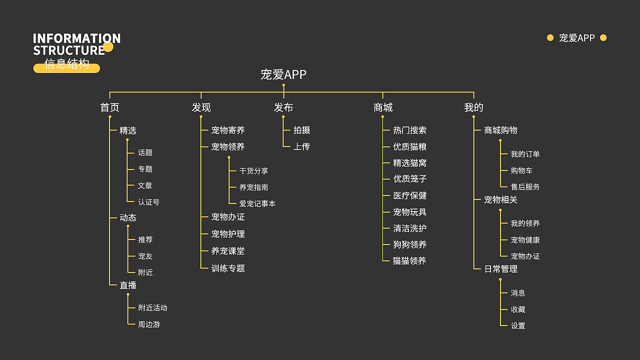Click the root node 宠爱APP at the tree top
(283, 74)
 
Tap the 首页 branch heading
(109, 107)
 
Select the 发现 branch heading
(201, 107)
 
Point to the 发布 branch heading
(283, 107)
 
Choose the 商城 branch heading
(383, 107)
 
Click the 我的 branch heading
(473, 107)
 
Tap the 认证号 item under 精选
(149, 202)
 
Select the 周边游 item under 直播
(149, 324)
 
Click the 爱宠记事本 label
(257, 203)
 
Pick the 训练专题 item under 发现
(228, 268)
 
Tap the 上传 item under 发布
(301, 146)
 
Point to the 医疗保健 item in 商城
(410, 195)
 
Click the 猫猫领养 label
(409, 260)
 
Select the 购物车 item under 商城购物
(521, 170)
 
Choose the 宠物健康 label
(525, 240)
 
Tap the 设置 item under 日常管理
(518, 325)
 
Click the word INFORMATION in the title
(76, 38)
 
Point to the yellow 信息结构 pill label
(66, 65)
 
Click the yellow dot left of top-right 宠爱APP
(550, 37)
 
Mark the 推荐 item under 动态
(145, 240)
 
